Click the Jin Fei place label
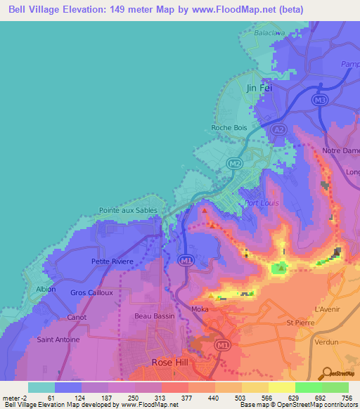(259, 88)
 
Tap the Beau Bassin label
(154, 316)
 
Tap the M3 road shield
(320, 100)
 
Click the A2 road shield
(278, 129)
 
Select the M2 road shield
(234, 163)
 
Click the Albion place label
(45, 290)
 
